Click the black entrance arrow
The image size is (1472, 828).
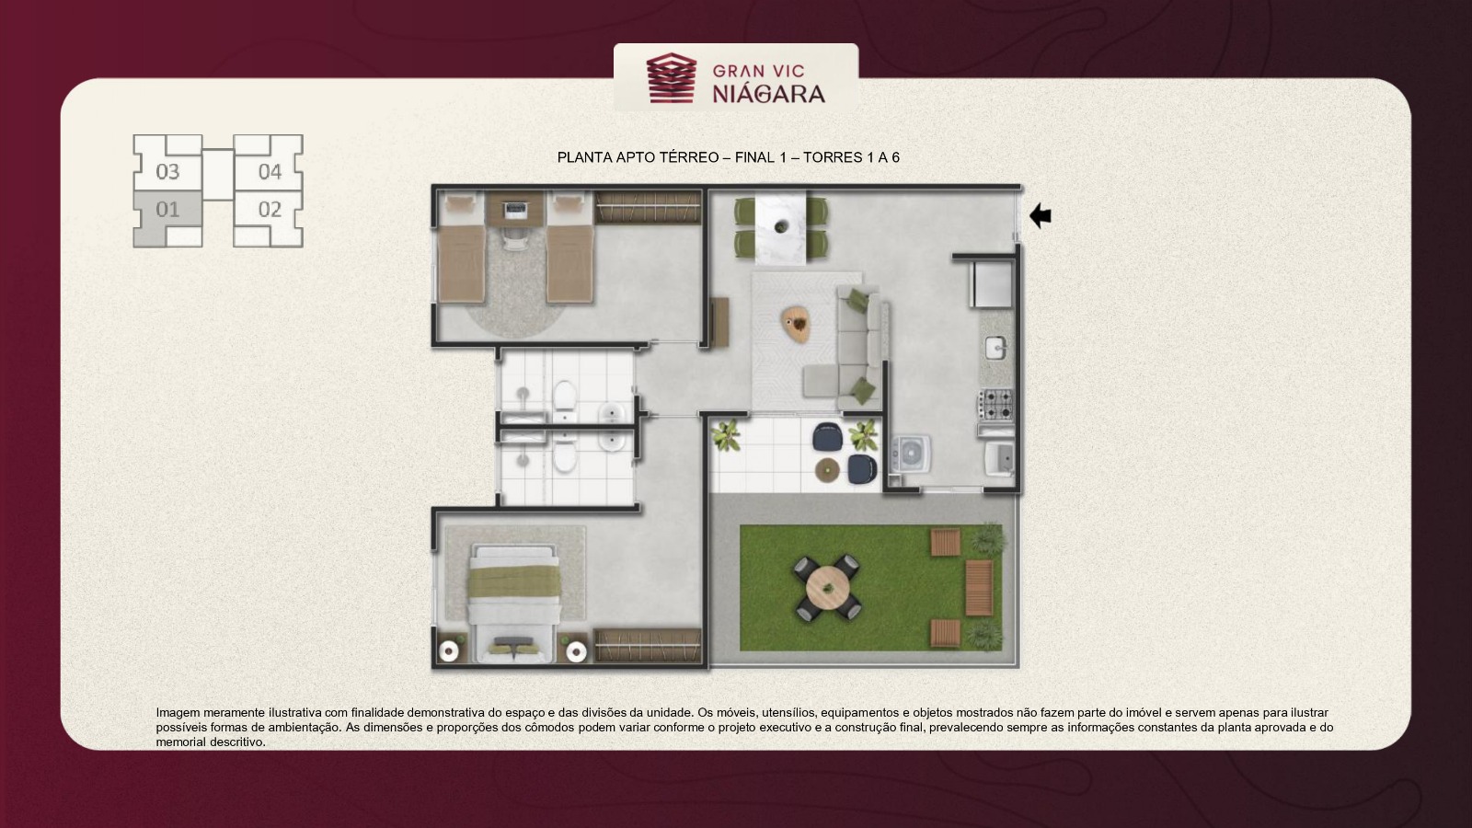pyautogui.click(x=1041, y=215)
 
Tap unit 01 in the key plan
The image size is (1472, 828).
pyautogui.click(x=167, y=211)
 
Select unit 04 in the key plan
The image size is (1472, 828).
pyautogui.click(x=270, y=171)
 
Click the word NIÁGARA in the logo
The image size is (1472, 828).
pyautogui.click(x=769, y=95)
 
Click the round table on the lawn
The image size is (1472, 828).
pyautogui.click(x=828, y=588)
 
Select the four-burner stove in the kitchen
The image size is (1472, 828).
pyautogui.click(x=995, y=405)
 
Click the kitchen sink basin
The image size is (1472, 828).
pyautogui.click(x=995, y=349)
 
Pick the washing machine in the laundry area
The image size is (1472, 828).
pyautogui.click(x=911, y=454)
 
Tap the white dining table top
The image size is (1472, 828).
pyautogui.click(x=781, y=227)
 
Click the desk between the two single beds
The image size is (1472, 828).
pyautogui.click(x=515, y=209)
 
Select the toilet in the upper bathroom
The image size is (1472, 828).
pyautogui.click(x=565, y=396)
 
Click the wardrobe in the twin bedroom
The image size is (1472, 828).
pyautogui.click(x=648, y=208)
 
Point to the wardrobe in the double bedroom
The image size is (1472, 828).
pyautogui.click(x=648, y=645)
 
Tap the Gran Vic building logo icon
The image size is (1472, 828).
pyautogui.click(x=671, y=78)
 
